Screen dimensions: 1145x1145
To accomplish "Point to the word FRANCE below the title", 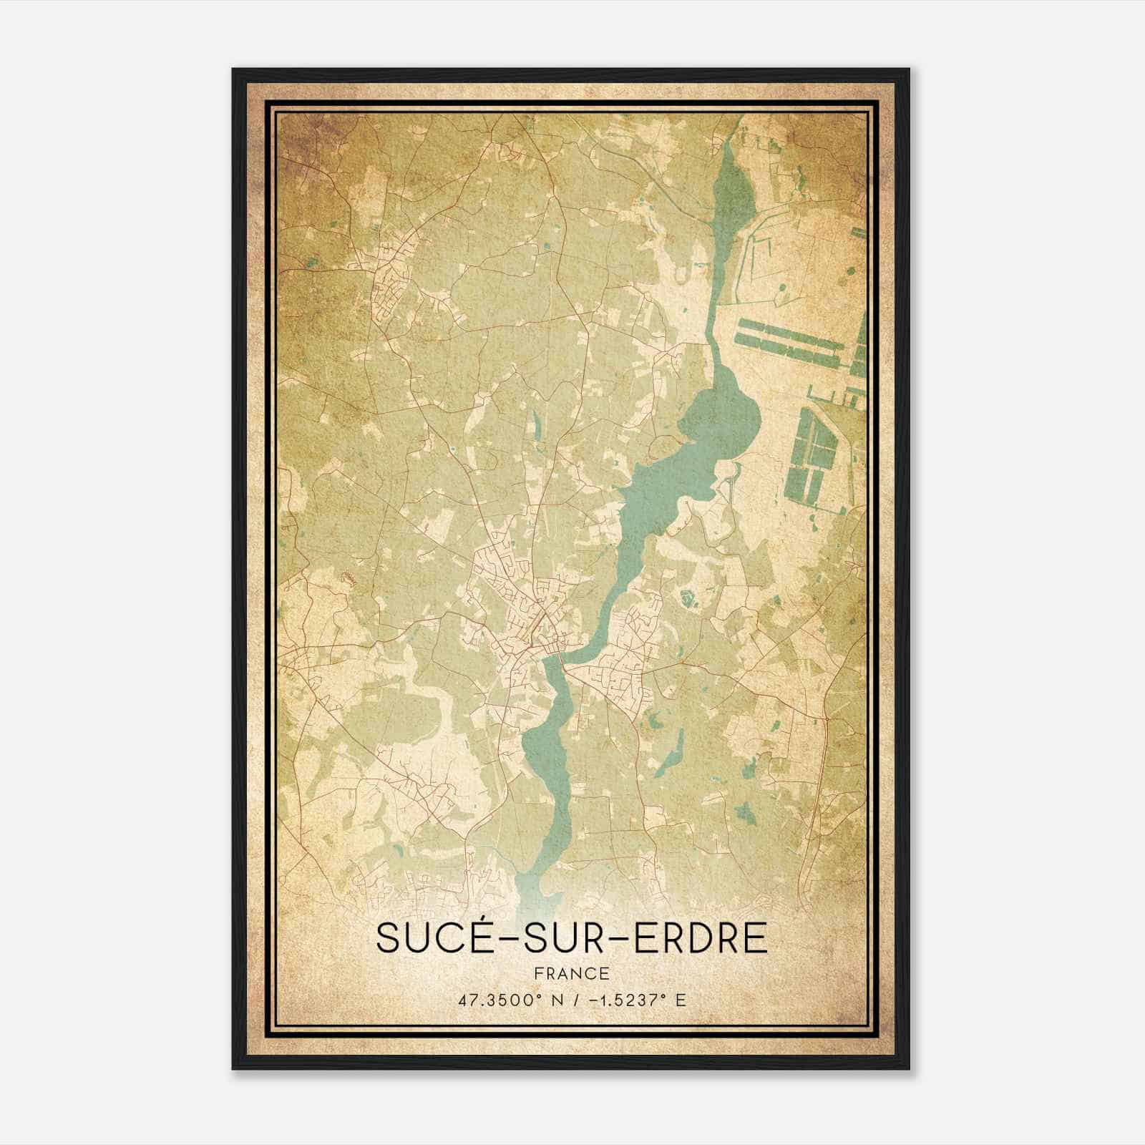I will (571, 973).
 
